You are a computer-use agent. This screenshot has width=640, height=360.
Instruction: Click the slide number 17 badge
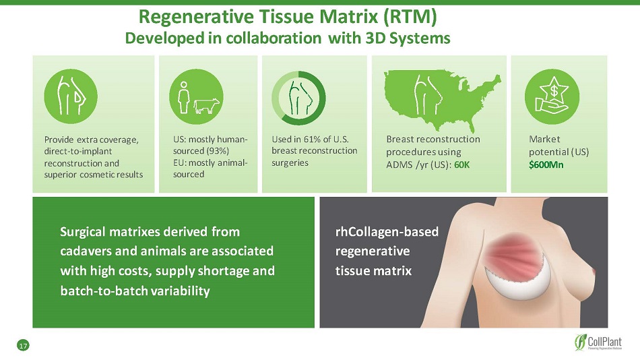point(24,346)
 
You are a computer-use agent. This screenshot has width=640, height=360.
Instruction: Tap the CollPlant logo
point(598,342)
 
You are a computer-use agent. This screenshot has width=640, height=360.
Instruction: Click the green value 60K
point(462,164)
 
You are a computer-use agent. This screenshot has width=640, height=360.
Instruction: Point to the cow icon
point(206,106)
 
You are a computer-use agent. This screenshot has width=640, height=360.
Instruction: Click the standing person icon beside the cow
point(184,97)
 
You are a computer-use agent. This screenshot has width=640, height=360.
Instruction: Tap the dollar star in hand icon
point(552,96)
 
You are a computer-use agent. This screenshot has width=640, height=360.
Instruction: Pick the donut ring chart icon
point(298,98)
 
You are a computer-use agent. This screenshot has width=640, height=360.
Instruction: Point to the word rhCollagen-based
point(387,232)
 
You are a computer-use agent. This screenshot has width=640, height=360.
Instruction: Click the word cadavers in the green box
point(86,251)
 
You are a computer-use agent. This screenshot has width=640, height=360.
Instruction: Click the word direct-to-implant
point(78,151)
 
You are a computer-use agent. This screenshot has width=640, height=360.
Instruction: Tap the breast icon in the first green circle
point(71,96)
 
